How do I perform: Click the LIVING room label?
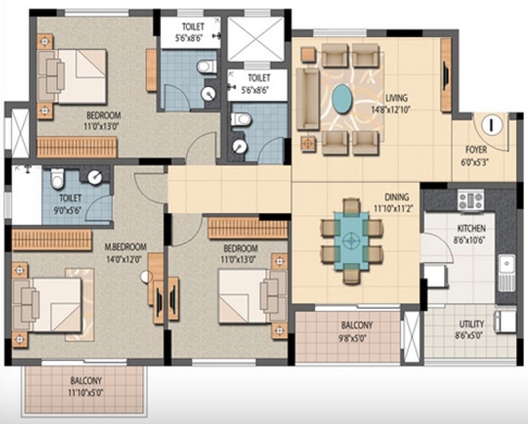pyautogui.click(x=396, y=98)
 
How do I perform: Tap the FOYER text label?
pyautogui.click(x=476, y=149)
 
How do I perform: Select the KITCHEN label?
pyautogui.click(x=471, y=228)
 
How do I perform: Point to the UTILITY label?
pyautogui.click(x=472, y=324)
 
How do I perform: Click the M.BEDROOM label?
pyautogui.click(x=126, y=246)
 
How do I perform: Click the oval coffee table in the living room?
pyautogui.click(x=343, y=98)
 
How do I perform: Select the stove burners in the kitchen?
pyautogui.click(x=471, y=199)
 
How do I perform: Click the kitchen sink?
pyautogui.click(x=506, y=272)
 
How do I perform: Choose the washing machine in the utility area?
pyautogui.click(x=505, y=321)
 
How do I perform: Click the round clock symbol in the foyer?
pyautogui.click(x=490, y=125)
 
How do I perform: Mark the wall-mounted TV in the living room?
pyautogui.click(x=445, y=75)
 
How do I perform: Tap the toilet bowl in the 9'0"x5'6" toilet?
pyautogui.click(x=57, y=179)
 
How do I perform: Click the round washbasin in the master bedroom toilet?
pyautogui.click(x=95, y=177)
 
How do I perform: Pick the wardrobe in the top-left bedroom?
pyautogui.click(x=77, y=147)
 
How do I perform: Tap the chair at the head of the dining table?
pyautogui.click(x=351, y=206)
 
